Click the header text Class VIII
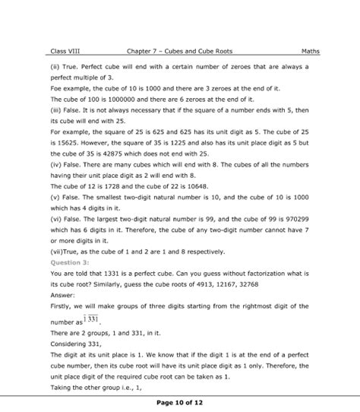coord(65,52)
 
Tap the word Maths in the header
coord(299,52)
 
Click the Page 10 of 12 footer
coord(180,401)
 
